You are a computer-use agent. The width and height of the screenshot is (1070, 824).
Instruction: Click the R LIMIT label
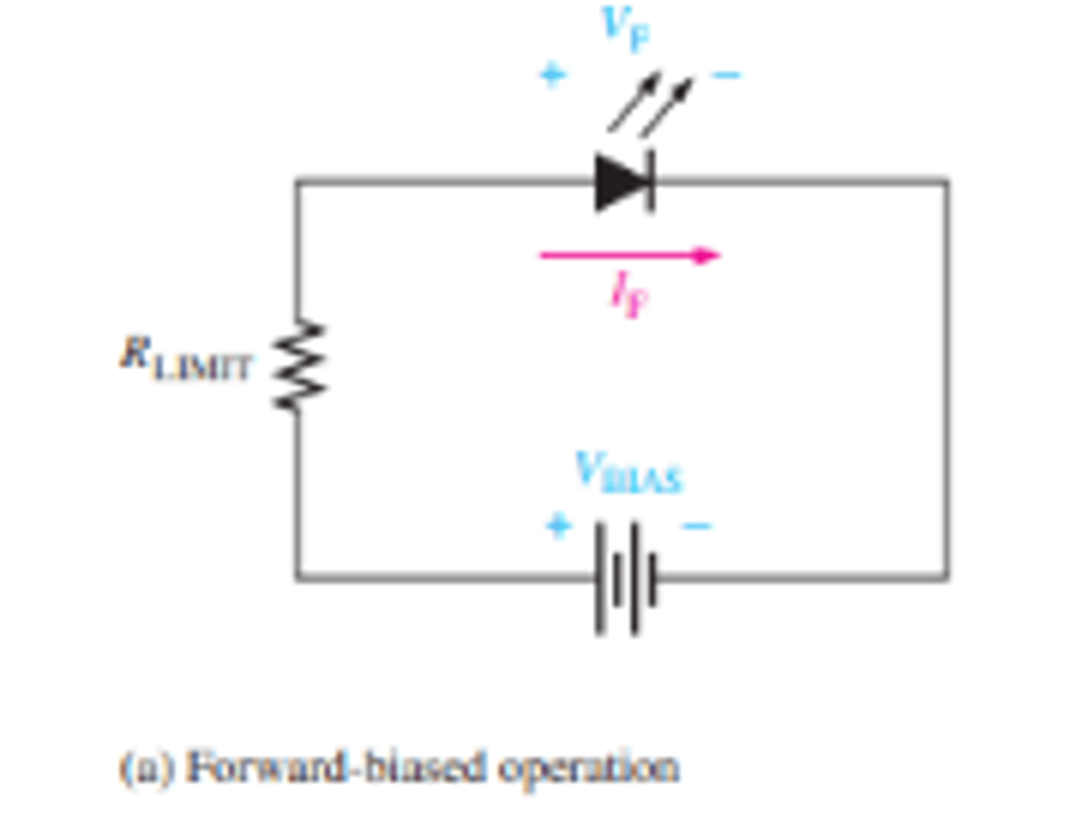pos(186,360)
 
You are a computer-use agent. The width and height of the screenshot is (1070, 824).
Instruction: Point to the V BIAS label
pos(629,473)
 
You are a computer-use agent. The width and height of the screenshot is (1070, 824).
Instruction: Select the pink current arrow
pos(629,256)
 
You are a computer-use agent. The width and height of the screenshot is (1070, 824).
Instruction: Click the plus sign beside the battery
pos(559,525)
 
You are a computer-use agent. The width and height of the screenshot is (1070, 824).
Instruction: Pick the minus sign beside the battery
pos(697,527)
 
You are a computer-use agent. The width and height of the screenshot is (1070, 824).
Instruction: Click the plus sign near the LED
pos(552,74)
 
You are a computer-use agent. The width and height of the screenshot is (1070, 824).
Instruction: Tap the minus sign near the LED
pos(726,74)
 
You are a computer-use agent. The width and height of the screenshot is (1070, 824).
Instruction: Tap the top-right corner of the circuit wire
pos(947,181)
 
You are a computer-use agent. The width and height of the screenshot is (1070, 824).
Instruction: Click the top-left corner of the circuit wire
pos(297,181)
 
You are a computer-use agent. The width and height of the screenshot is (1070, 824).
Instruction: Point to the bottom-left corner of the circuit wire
pos(297,577)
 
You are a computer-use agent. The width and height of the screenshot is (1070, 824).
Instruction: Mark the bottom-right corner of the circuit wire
pos(947,577)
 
